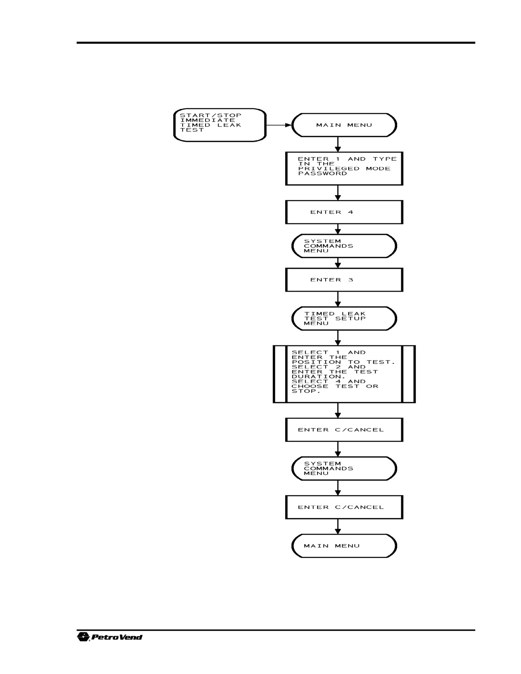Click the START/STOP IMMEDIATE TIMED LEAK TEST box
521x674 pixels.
tap(220, 125)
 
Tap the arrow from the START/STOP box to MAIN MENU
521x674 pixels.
tap(279, 125)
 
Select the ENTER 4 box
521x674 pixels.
tap(344, 212)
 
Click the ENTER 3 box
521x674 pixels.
tap(344, 280)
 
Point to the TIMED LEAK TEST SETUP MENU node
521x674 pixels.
tap(344, 319)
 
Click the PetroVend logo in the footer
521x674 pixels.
tap(110, 637)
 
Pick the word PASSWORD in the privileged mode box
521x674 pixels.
tap(322, 173)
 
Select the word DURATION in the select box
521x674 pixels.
tap(314, 377)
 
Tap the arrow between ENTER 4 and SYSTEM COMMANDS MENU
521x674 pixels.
tap(338, 229)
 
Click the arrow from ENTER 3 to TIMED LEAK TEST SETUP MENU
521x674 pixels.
tap(338, 299)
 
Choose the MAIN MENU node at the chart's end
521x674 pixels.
tap(344, 546)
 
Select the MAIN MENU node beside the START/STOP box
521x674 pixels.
tap(344, 125)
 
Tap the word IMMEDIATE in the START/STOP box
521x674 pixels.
tap(208, 120)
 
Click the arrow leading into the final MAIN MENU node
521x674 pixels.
tap(338, 527)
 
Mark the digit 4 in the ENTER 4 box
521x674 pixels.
tap(351, 212)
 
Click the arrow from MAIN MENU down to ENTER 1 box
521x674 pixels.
tap(338, 145)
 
